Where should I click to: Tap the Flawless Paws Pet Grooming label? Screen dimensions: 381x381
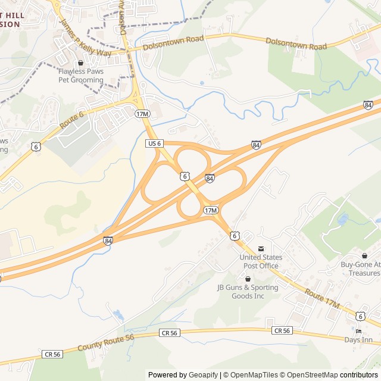point(81,76)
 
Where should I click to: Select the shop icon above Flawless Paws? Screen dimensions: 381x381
point(81,63)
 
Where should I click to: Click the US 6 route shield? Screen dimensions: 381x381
point(154,143)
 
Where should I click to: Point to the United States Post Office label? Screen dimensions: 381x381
point(261,261)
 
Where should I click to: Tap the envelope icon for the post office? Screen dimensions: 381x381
point(260,249)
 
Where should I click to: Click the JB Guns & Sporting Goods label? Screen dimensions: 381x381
point(248,292)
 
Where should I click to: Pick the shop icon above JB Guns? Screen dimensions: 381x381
point(248,279)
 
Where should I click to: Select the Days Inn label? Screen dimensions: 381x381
point(358,340)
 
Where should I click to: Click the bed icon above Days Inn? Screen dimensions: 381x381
point(358,331)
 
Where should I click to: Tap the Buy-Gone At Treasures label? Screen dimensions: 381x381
point(360,268)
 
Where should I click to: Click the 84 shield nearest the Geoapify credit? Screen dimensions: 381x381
point(108,241)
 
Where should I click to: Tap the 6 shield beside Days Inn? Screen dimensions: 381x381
point(360,316)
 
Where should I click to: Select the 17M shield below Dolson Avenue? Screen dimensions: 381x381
point(141,113)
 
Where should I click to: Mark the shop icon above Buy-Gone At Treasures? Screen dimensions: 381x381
point(364,255)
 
